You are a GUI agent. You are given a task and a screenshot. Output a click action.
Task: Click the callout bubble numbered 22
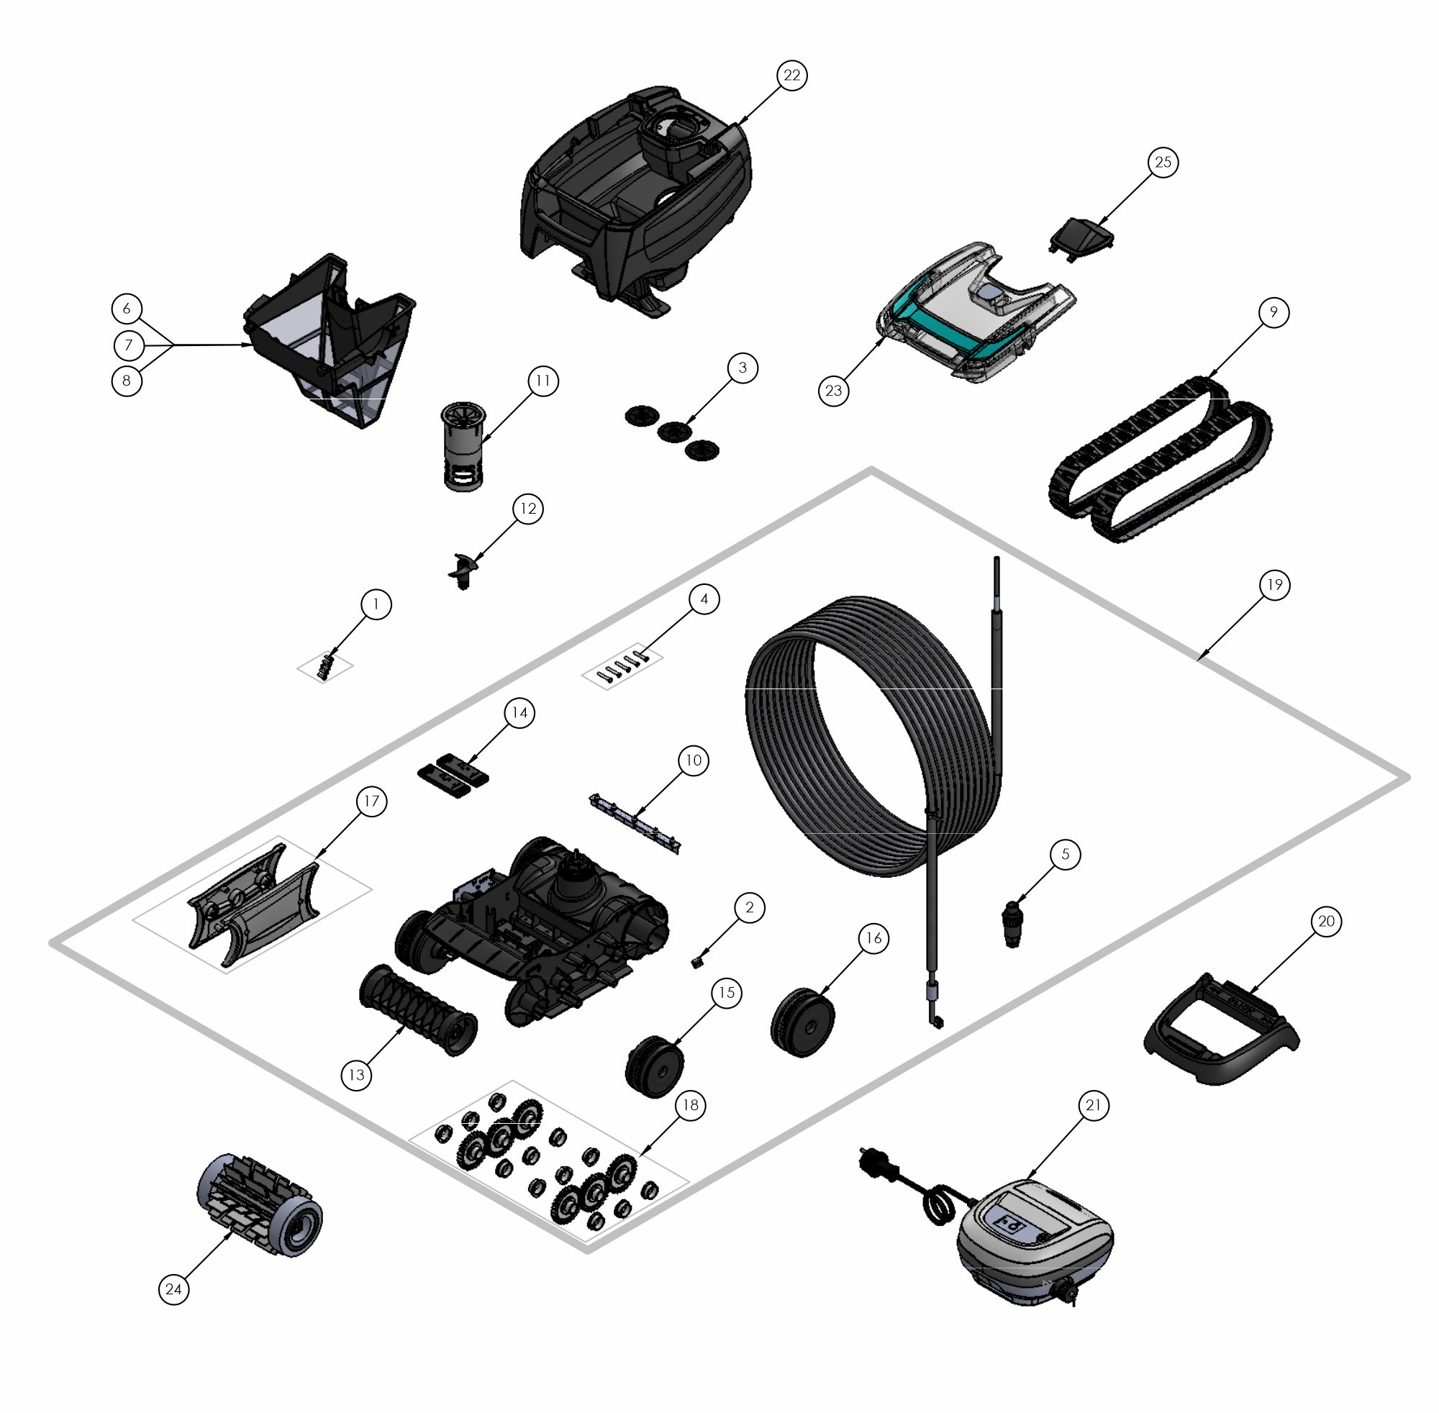(792, 75)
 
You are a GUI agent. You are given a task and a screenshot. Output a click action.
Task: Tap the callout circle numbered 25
(1163, 162)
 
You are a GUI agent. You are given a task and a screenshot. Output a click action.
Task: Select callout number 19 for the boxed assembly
(1274, 585)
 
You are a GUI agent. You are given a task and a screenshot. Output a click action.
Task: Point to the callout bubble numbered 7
(129, 345)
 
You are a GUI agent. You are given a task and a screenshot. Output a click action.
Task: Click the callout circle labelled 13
(357, 1075)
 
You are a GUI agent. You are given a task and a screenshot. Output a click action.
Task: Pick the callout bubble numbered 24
(173, 1289)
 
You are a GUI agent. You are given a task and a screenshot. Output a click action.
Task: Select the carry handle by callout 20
(1221, 1031)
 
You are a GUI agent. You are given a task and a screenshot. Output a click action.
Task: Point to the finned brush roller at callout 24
(260, 1205)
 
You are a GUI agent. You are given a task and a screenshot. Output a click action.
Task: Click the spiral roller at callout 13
(418, 1010)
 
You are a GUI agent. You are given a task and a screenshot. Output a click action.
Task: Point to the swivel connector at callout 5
(1012, 923)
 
